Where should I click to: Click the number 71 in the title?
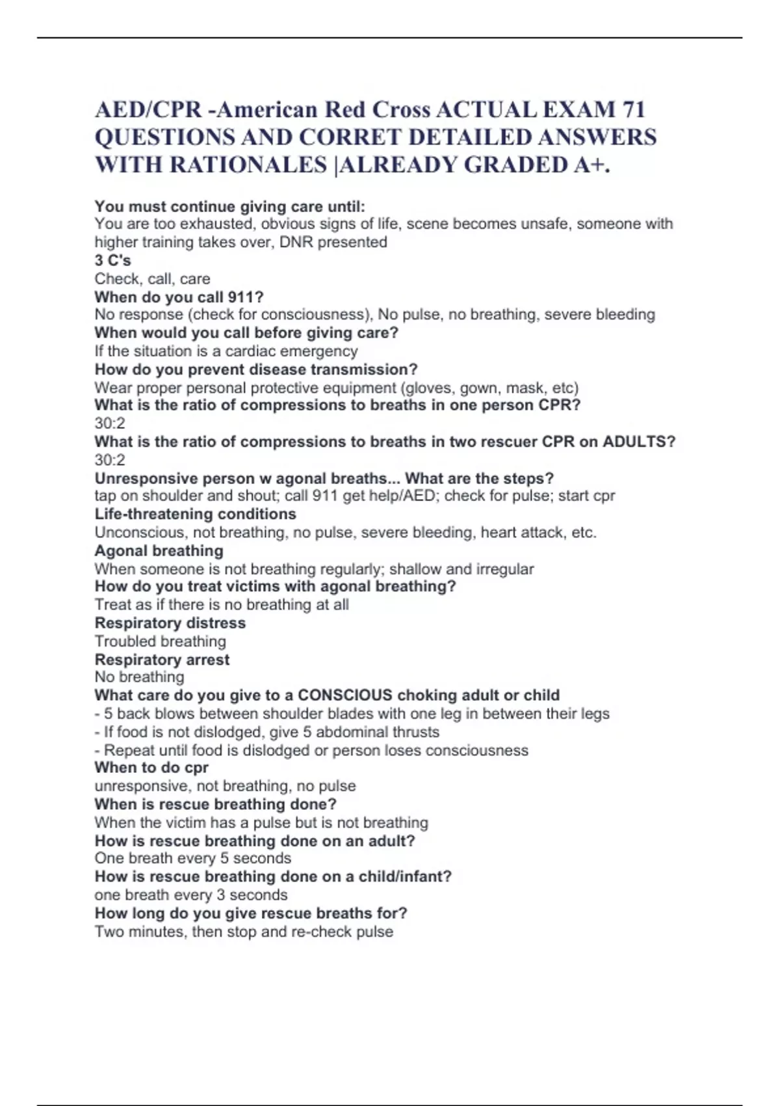(632, 109)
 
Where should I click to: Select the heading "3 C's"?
(112, 260)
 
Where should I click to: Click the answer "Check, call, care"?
(152, 278)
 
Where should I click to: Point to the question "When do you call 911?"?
(179, 297)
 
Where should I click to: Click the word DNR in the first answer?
(296, 242)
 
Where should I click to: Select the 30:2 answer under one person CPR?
(110, 423)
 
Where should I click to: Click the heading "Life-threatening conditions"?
(195, 514)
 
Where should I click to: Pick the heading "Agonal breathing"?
(159, 550)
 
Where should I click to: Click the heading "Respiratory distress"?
(170, 623)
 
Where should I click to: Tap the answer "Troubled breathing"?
(160, 641)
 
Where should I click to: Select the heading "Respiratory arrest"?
(162, 659)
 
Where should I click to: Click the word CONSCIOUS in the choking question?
(344, 695)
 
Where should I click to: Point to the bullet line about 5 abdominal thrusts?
(267, 732)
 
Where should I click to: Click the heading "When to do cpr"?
(151, 768)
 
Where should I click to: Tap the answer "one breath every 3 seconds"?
(190, 895)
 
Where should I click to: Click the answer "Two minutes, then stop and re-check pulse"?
(244, 931)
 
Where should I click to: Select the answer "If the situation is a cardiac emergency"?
(226, 351)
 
